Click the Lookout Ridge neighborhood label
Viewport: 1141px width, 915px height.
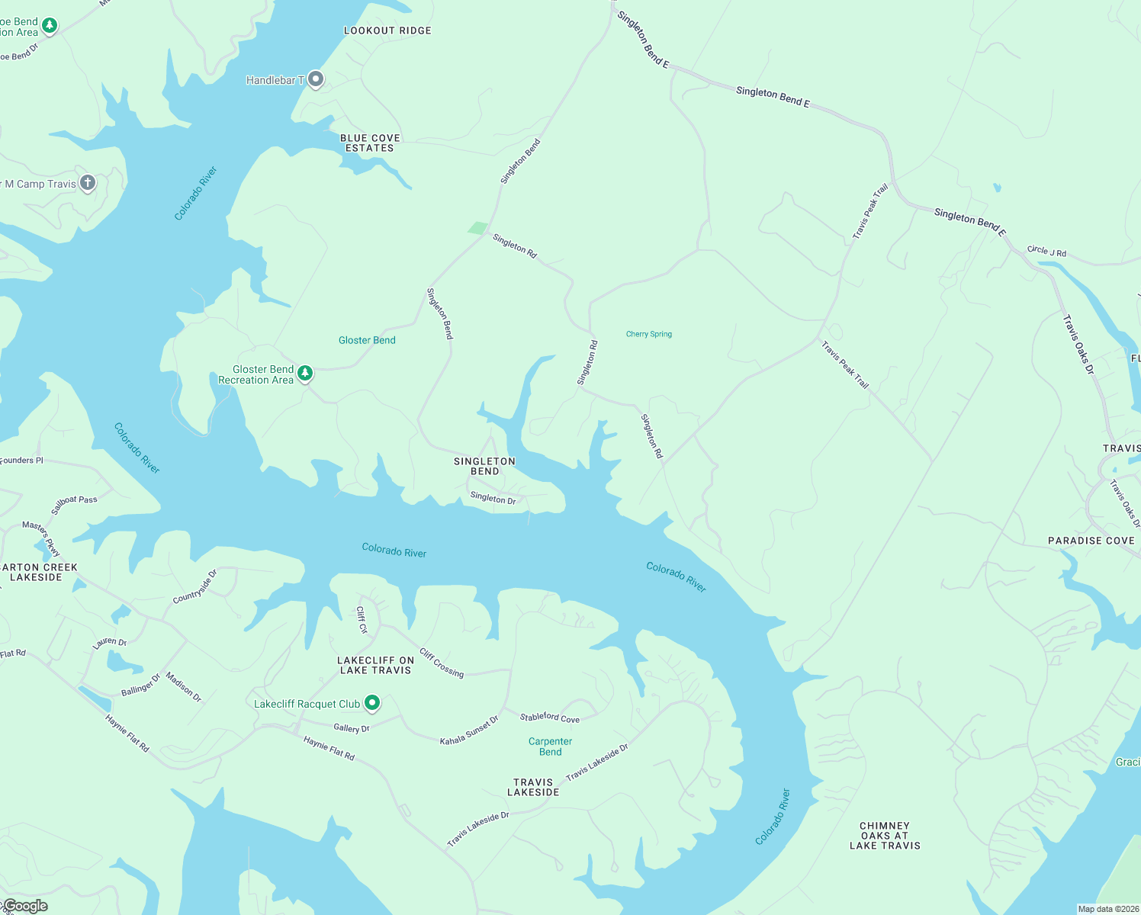(387, 30)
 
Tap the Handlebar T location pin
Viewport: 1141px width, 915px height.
(316, 79)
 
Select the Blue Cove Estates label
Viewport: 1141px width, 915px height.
(370, 143)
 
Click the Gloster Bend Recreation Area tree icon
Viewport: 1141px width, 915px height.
(305, 373)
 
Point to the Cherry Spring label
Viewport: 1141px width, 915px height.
(649, 334)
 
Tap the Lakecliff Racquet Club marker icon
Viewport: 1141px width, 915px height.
(372, 702)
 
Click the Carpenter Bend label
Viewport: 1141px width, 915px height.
(550, 746)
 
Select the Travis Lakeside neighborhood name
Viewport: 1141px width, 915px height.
(533, 787)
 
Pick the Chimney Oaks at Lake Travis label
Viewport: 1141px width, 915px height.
(885, 836)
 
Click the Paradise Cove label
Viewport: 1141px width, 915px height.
(1091, 541)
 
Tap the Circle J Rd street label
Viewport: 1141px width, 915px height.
(1046, 251)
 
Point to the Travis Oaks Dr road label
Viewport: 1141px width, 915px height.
(1078, 344)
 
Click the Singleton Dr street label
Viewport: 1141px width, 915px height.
(493, 498)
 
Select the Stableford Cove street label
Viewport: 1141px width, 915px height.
(549, 718)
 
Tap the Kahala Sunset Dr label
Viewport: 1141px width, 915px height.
(469, 730)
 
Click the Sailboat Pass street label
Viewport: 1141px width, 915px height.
(74, 504)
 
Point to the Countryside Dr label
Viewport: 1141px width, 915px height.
(195, 586)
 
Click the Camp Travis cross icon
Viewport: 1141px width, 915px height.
(88, 183)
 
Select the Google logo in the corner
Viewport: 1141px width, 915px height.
(25, 906)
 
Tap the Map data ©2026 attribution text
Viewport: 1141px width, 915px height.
(1107, 909)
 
